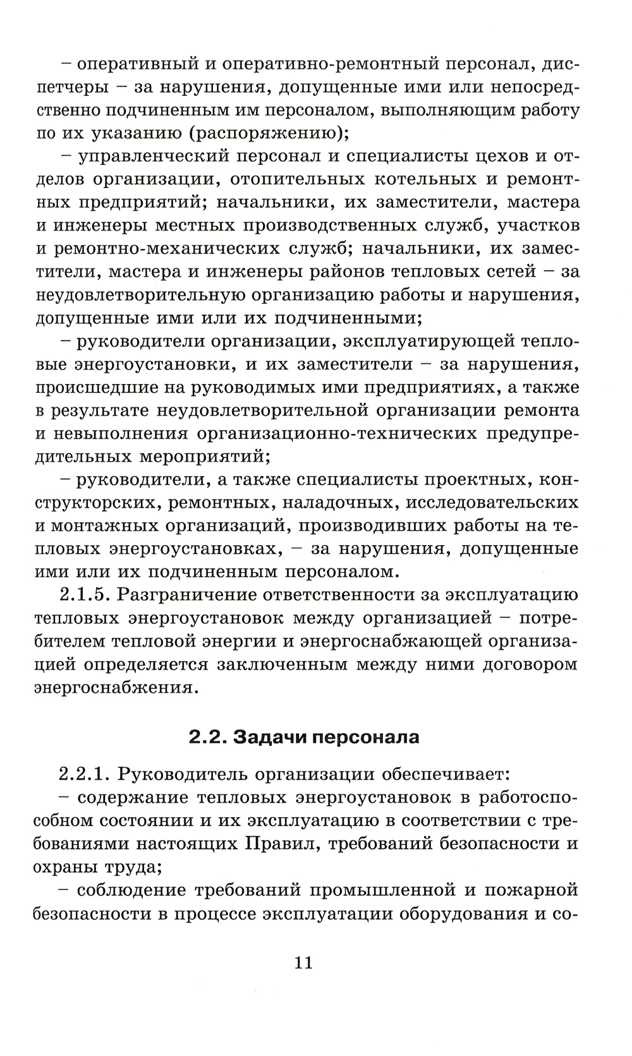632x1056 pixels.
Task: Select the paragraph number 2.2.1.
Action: pyautogui.click(x=84, y=774)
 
